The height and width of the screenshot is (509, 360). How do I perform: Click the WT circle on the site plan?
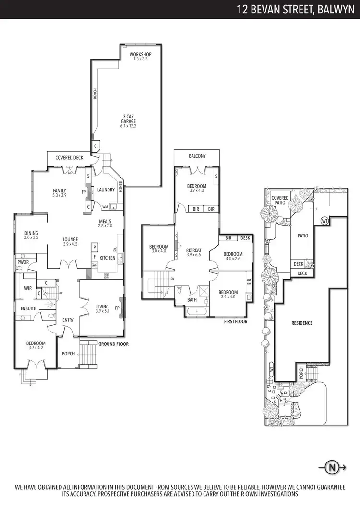point(324,221)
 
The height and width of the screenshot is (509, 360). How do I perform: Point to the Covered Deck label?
point(69,157)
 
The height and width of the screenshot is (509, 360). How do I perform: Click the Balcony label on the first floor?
point(197,156)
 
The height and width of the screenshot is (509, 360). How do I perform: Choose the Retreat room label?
point(193,250)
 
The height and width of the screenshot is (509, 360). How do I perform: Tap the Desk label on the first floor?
point(245,238)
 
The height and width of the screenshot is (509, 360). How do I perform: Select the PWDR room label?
point(23,263)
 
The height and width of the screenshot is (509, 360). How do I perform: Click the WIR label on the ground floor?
point(28,288)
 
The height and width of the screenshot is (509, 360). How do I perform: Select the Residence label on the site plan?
point(302,323)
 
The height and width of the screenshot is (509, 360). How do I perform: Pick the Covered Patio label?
point(280,201)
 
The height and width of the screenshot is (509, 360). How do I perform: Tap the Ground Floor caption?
point(113,344)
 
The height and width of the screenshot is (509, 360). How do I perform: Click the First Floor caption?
point(236,321)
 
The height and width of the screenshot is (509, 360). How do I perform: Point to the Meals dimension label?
point(105,225)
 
